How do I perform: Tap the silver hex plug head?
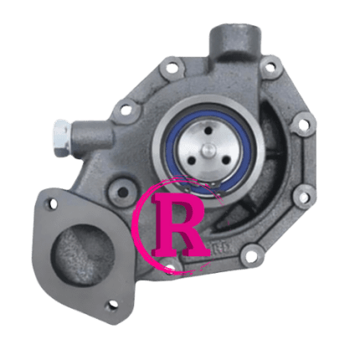coord(63,138)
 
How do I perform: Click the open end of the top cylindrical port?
coord(237,35)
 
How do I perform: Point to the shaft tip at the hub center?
coord(208,150)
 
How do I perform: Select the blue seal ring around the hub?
coord(208,151)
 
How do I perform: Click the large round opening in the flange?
coord(83,255)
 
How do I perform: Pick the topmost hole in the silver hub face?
coord(208,131)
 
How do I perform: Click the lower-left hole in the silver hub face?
coord(192,160)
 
